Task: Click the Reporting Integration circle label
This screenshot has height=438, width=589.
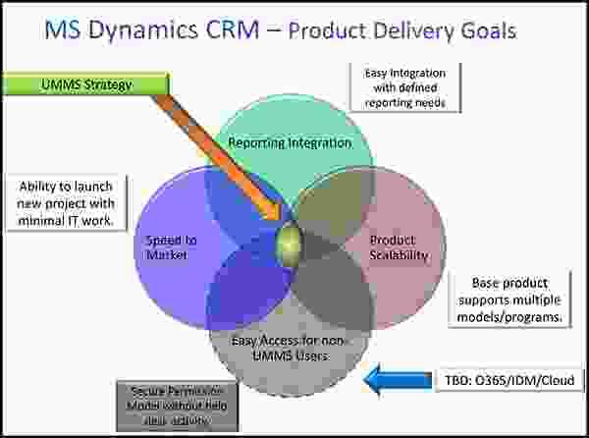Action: coord(290,143)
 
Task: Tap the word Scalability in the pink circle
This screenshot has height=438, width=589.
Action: coord(400,255)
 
